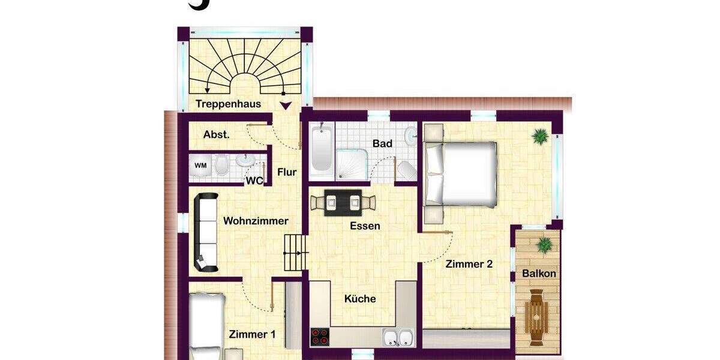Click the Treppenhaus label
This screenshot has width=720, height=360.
coord(228,104)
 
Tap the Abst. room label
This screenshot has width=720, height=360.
coord(216,134)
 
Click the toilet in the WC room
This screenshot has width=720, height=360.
coord(221,164)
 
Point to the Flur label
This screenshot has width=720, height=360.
coord(287,172)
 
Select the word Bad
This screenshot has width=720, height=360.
coord(382,143)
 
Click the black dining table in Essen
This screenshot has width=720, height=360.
coord(343,202)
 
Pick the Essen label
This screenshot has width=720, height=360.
coord(365,226)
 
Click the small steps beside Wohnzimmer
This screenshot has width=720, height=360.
coord(295,252)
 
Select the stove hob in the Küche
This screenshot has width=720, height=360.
coord(320,337)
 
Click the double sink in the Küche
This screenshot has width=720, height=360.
coord(398,337)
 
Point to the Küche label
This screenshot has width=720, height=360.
coord(360,299)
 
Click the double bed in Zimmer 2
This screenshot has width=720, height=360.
coord(461,173)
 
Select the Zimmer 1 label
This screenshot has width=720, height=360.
coord(252,335)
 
